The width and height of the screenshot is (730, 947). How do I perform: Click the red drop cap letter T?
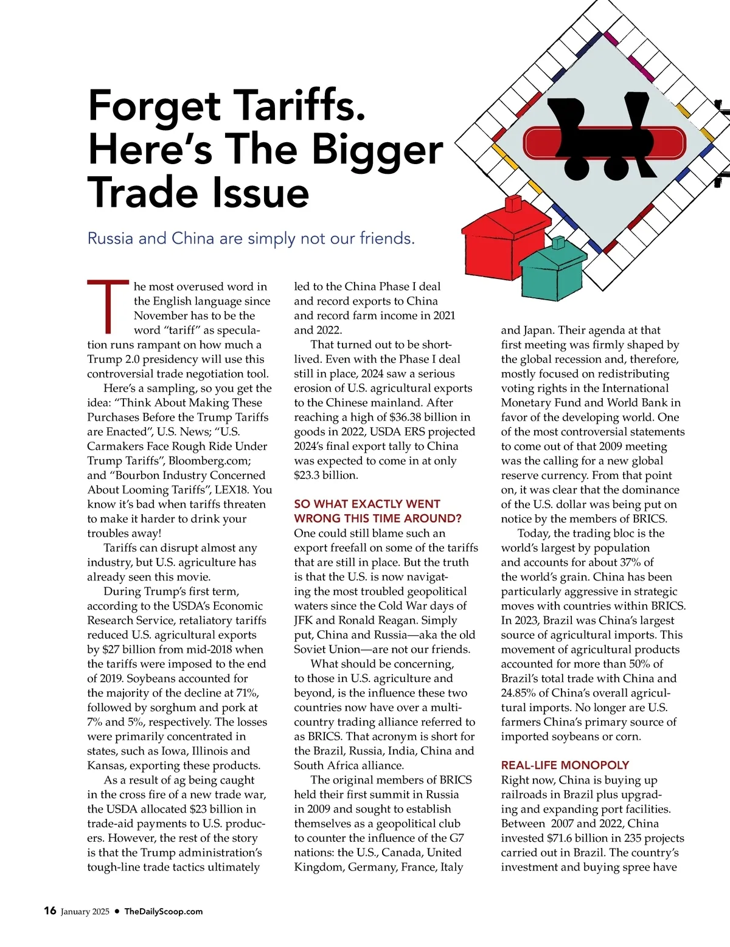(108, 307)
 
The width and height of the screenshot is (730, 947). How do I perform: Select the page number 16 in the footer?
(50, 911)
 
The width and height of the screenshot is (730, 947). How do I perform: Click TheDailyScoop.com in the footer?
(163, 911)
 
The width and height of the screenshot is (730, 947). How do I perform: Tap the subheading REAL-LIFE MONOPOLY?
(565, 765)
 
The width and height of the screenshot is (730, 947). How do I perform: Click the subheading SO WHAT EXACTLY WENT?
(367, 504)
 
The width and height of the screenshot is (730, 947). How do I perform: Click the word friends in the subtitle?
(386, 238)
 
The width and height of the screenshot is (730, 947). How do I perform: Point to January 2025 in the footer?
(85, 911)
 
